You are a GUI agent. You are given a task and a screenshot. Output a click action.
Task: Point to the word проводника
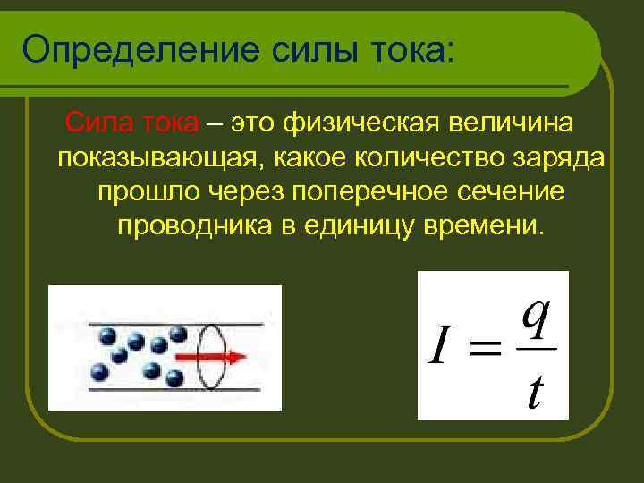point(193,225)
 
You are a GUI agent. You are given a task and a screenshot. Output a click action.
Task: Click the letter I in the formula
point(439,349)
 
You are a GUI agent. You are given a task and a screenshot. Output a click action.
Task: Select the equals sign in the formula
point(484,350)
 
